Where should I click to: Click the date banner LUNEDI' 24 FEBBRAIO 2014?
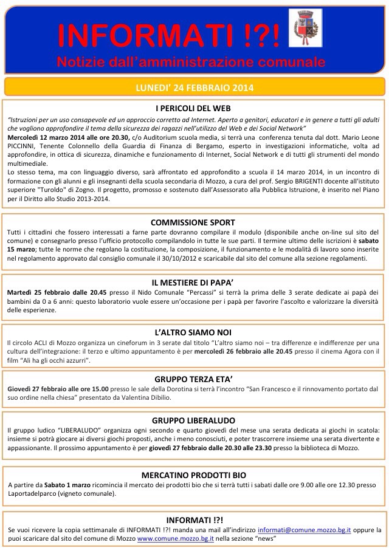point(194,87)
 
